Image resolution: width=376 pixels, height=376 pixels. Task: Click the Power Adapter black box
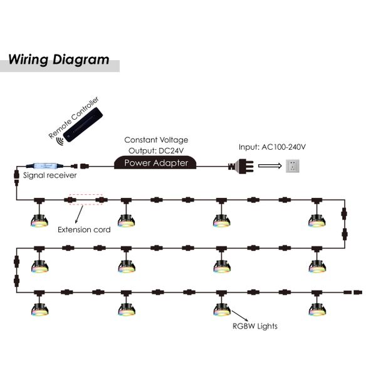click(155, 164)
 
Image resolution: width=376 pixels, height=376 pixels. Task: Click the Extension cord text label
click(84, 230)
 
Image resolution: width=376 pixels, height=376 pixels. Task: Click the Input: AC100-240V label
click(272, 147)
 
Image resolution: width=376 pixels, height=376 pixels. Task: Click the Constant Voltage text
click(156, 140)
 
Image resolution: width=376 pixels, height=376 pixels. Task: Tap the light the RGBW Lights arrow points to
click(222, 308)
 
